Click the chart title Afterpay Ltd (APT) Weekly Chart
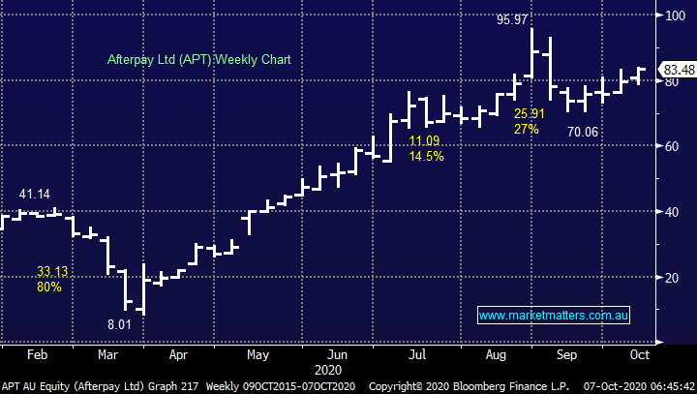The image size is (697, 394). click(200, 60)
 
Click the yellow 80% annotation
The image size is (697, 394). click(48, 287)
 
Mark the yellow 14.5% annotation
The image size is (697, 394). click(426, 156)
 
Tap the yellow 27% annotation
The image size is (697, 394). click(527, 128)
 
